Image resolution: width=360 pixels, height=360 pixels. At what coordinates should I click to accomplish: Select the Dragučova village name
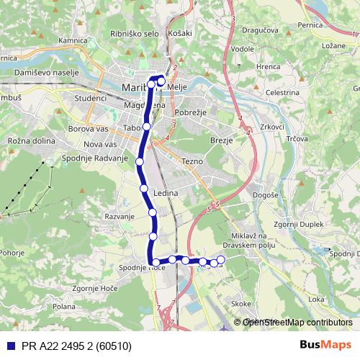click(x=260, y=32)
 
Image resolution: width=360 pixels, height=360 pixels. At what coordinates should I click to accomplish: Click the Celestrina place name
click(x=282, y=92)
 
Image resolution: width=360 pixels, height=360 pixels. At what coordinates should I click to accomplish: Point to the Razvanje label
click(x=120, y=216)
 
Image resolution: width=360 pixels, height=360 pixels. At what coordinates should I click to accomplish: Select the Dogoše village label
click(x=266, y=195)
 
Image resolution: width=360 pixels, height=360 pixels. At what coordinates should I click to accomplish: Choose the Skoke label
click(x=242, y=305)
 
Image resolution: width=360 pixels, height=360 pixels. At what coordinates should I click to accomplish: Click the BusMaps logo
click(x=325, y=346)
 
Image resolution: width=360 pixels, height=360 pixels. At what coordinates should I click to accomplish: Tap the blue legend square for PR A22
click(x=10, y=346)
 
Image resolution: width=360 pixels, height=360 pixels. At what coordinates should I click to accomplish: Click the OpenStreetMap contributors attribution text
click(x=297, y=323)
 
